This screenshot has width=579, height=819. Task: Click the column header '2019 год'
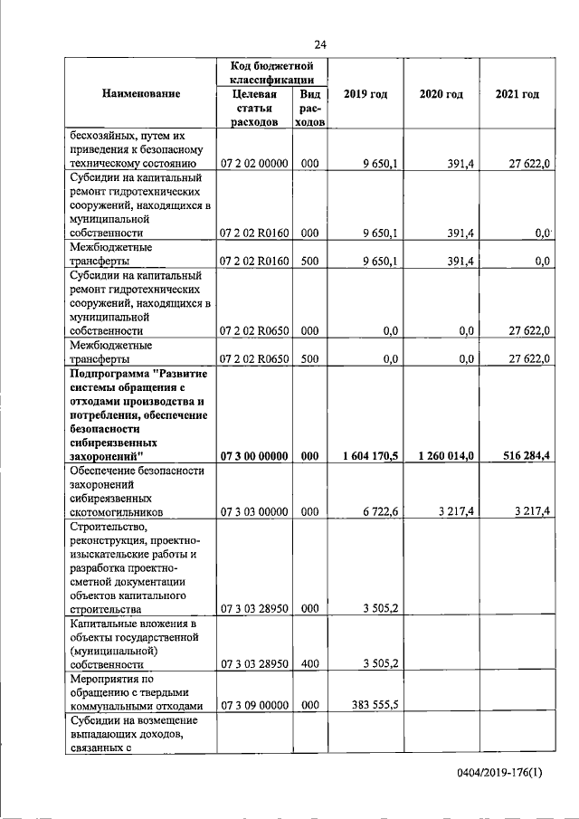click(x=365, y=94)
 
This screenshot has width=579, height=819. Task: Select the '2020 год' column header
click(x=441, y=94)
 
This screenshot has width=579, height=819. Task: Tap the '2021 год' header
click(x=517, y=94)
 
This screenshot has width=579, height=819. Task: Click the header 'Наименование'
click(x=140, y=94)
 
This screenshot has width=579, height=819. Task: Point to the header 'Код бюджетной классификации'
click(x=271, y=73)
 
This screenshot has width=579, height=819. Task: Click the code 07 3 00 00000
click(x=254, y=456)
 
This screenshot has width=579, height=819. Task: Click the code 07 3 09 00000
click(x=254, y=704)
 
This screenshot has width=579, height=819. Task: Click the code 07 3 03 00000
click(x=254, y=511)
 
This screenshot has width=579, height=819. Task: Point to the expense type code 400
click(x=309, y=663)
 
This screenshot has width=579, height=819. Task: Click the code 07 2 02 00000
click(x=254, y=164)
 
